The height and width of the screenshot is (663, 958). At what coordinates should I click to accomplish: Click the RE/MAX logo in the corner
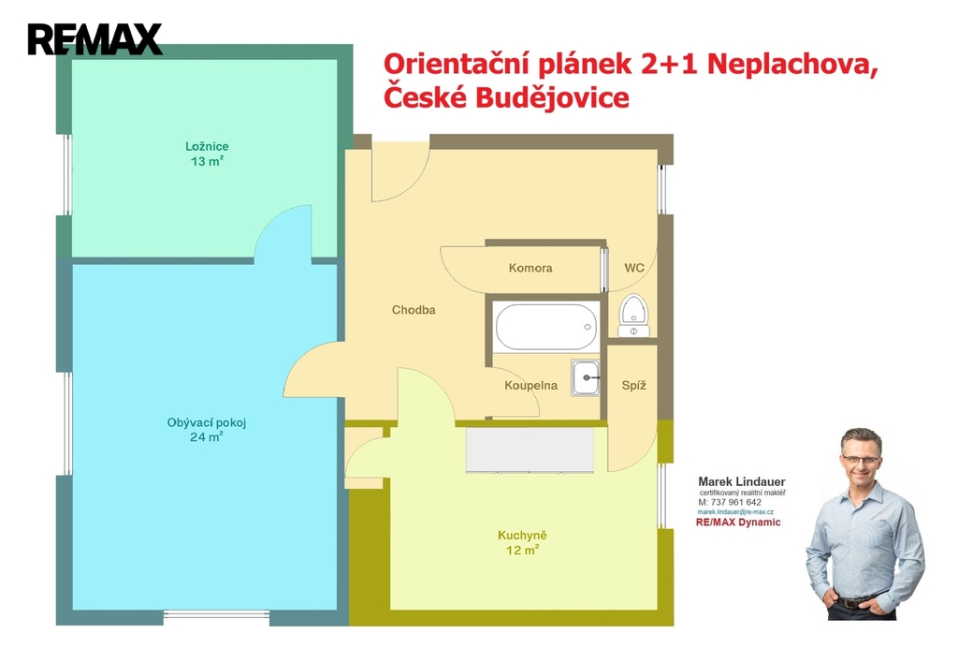coord(94,39)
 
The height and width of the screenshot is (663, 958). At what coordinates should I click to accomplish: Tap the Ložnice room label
coord(207,146)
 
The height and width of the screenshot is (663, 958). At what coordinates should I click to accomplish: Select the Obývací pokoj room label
coord(207,422)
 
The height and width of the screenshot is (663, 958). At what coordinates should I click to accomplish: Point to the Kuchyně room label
coord(522,535)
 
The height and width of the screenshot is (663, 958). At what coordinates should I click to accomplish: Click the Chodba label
coord(414,310)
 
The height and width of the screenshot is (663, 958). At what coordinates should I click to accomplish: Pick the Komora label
coord(530,268)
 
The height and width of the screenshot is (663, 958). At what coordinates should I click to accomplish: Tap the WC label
coord(634,268)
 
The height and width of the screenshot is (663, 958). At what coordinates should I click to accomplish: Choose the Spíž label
coord(633,385)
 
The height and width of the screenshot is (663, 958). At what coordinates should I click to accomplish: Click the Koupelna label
coord(531,385)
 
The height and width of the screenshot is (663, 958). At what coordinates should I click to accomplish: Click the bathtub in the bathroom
coord(545,327)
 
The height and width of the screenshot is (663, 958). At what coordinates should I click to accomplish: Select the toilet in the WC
coord(633,316)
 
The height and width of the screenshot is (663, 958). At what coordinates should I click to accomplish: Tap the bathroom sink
coord(586,377)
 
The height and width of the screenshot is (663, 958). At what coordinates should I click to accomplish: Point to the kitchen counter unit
coord(530,449)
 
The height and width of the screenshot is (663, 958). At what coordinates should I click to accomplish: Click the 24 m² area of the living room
coord(207,436)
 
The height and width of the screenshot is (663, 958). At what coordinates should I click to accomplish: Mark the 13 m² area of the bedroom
coord(207,161)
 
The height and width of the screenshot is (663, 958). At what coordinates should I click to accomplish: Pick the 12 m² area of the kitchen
coord(522,550)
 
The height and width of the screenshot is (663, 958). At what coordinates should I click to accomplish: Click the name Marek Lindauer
coord(742,481)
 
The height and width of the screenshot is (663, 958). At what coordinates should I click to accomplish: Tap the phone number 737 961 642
coord(736,502)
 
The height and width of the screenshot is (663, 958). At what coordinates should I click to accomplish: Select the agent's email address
coord(735,512)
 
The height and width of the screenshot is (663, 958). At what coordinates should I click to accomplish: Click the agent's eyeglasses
coord(861,458)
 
